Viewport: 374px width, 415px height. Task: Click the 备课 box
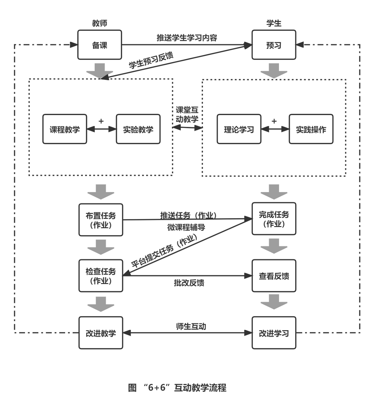point(99,45)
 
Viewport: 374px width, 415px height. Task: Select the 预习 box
point(274,45)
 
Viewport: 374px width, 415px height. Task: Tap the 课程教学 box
point(65,129)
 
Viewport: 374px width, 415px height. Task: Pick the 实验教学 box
point(138,129)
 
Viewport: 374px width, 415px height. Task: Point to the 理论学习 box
point(239,129)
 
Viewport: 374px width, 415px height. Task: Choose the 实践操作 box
point(311,129)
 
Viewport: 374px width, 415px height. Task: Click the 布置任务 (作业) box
point(101,220)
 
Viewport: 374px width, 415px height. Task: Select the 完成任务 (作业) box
point(274,219)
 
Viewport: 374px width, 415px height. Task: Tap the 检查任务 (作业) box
point(101,276)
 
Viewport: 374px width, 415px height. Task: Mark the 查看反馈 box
point(274,276)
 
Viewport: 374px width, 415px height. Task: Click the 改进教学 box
point(101,333)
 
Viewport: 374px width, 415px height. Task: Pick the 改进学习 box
point(274,333)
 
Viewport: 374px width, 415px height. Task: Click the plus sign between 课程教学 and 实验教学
point(101,121)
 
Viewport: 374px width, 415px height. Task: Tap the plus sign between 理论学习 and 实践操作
point(274,121)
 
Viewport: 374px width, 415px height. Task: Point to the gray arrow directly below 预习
point(274,70)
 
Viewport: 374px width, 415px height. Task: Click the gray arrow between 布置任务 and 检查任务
point(101,247)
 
